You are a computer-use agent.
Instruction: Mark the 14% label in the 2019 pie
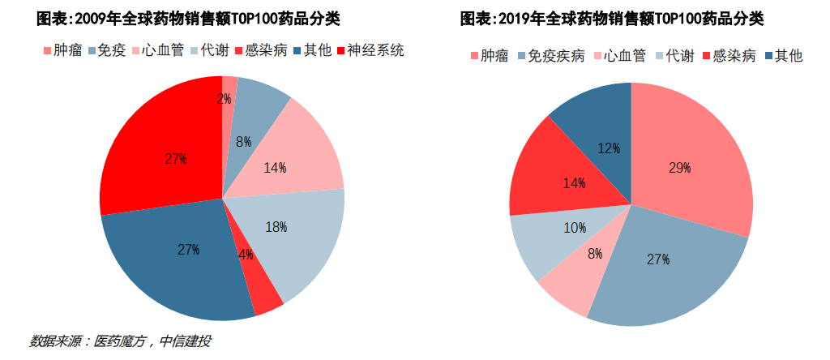coord(574,183)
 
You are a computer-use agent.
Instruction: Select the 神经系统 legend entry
coord(375,51)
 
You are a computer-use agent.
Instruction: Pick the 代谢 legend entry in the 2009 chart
coord(212,51)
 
